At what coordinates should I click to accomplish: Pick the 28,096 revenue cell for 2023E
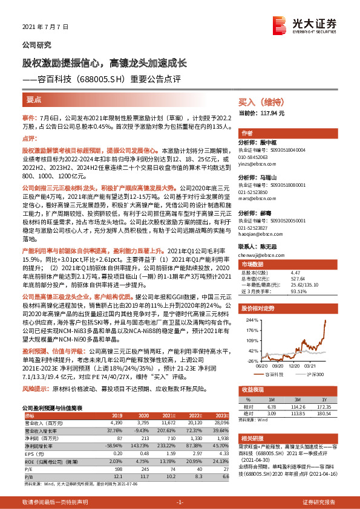click(221, 422)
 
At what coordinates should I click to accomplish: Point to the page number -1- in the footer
click(180, 502)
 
